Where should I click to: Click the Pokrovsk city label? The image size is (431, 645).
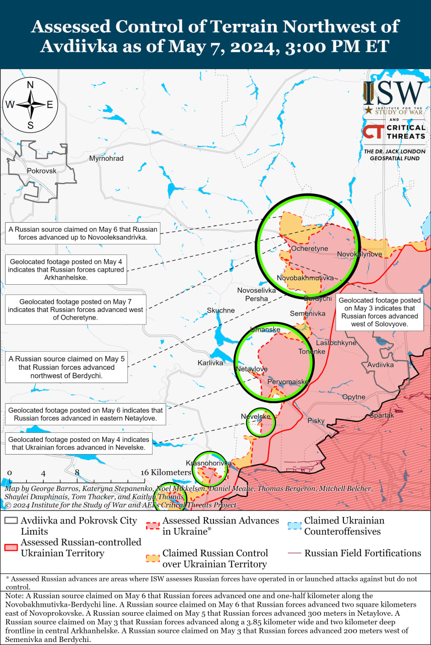[42, 170]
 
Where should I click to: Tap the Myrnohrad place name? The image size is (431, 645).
[106, 158]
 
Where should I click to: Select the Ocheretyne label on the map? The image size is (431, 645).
[310, 248]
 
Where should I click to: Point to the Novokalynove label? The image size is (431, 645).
[360, 254]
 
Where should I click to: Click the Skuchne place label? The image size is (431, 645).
[221, 310]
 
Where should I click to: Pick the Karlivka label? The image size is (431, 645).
[210, 363]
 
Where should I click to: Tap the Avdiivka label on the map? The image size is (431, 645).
[381, 364]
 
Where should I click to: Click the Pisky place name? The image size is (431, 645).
[316, 420]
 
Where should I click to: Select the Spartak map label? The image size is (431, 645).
[382, 415]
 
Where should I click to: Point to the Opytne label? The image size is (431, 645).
[353, 397]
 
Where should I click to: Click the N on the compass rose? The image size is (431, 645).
[30, 85]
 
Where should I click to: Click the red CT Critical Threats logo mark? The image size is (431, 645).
[373, 132]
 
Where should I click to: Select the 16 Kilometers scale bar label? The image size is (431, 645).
[167, 472]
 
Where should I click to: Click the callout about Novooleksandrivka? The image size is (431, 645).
[83, 232]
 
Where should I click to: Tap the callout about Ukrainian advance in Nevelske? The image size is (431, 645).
[79, 443]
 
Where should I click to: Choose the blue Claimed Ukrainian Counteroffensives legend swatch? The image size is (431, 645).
[296, 526]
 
